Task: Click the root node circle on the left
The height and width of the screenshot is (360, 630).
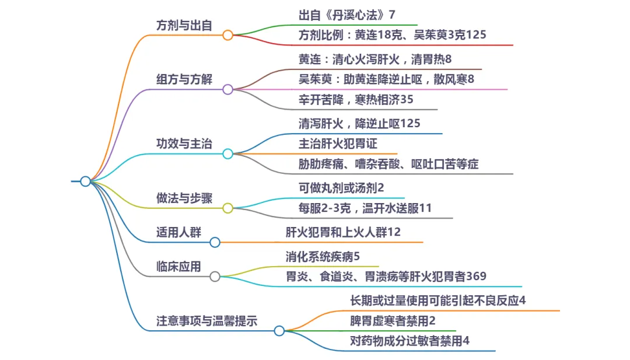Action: [85, 181]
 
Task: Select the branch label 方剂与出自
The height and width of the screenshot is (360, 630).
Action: [184, 26]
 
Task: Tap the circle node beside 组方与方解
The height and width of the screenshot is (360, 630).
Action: [228, 89]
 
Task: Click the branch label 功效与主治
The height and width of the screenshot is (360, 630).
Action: [184, 144]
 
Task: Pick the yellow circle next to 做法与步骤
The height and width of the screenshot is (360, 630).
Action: [228, 208]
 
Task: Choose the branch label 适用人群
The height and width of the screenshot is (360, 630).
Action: [178, 232]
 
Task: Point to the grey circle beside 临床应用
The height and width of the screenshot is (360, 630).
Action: [215, 277]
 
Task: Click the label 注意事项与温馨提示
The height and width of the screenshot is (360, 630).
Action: [207, 321]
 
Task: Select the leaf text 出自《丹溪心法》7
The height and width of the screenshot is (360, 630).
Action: [347, 15]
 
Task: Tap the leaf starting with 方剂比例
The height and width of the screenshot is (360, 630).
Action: [392, 35]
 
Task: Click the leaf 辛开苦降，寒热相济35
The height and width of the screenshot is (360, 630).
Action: [356, 99]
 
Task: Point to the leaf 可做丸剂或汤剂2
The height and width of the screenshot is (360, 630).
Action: [342, 188]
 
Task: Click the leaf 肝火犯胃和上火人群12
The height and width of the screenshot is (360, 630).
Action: [343, 232]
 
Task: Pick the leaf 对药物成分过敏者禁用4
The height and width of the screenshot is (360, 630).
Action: [409, 341]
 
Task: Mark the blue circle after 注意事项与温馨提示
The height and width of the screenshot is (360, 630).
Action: [279, 331]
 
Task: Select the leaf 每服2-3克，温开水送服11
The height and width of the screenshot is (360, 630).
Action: [365, 208]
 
